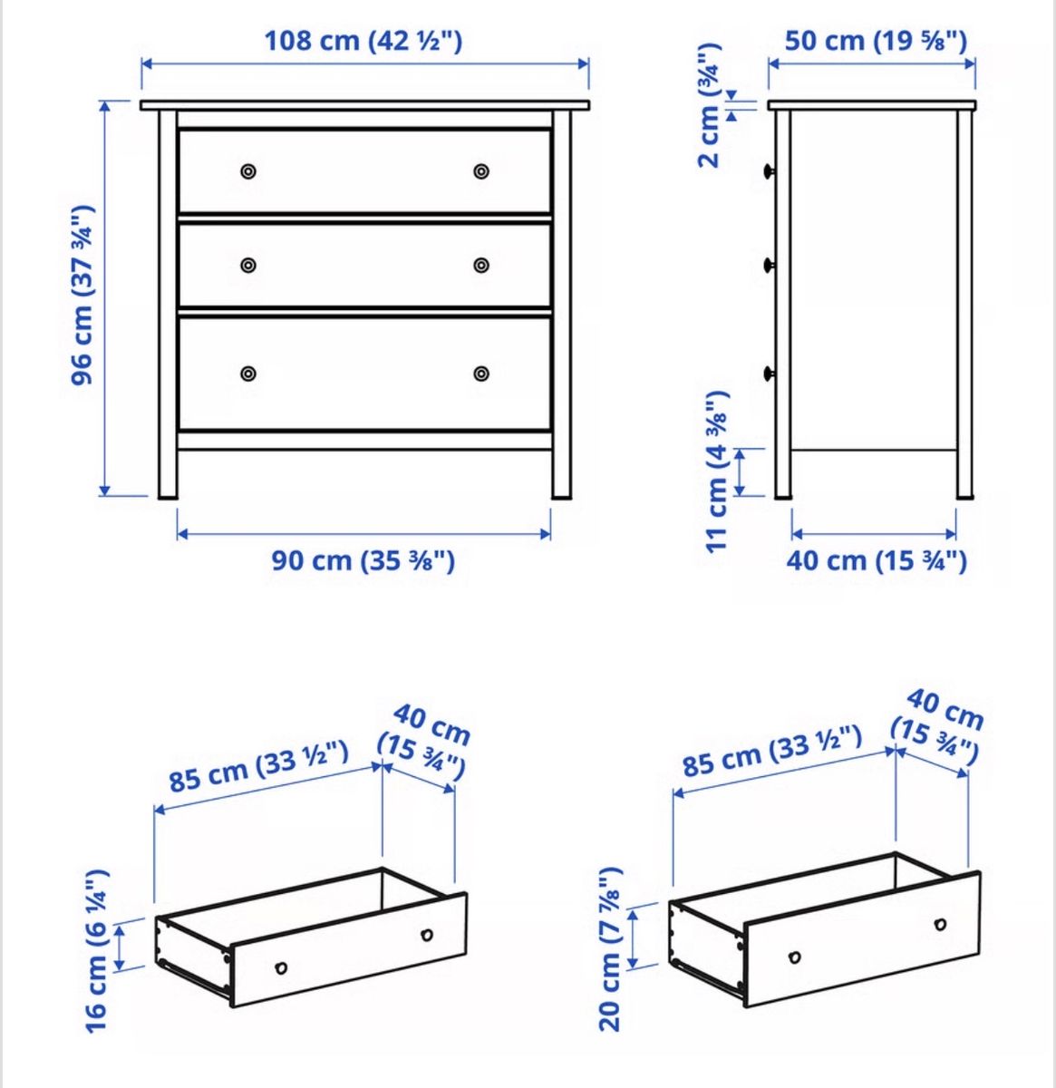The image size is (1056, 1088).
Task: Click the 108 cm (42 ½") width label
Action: coord(363,41)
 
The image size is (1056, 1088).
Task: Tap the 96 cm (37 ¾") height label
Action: coord(82,296)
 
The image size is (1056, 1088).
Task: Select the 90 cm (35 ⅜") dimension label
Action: coord(363,560)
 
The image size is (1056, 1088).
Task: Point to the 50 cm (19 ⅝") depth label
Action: coord(876,41)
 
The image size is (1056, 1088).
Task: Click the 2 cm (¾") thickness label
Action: coord(710,106)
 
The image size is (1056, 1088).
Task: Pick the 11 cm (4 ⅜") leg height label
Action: coord(717,472)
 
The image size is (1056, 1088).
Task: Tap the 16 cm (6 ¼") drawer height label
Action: coord(97,951)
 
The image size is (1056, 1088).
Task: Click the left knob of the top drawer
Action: coord(248,171)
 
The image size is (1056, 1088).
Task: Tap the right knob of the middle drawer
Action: coord(481,265)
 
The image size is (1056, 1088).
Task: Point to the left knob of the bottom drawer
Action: coord(248,374)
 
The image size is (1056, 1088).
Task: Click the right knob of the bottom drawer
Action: coord(481,374)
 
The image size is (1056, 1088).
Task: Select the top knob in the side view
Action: coord(770,171)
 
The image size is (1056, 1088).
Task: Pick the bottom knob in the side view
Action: coord(770,374)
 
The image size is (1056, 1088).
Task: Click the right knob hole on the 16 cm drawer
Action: coord(427,935)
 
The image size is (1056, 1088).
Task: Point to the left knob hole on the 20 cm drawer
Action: coord(794,957)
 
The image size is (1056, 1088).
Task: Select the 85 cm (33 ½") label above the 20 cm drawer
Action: coord(772,751)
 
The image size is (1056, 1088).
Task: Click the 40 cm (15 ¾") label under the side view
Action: coord(877,560)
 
